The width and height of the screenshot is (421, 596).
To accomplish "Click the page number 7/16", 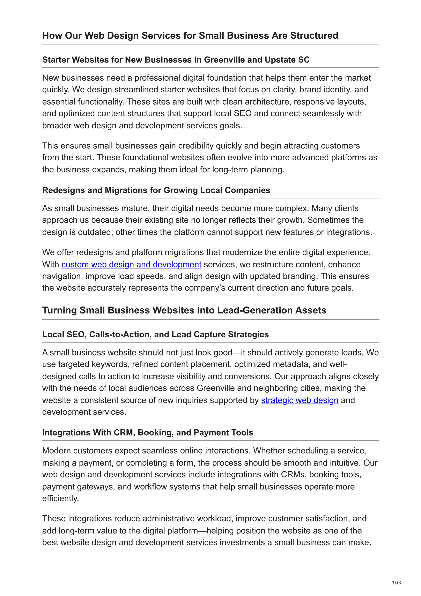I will click(396, 583).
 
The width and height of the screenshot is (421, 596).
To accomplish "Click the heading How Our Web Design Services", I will click(190, 36).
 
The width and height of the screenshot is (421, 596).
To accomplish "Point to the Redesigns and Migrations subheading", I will click(156, 190).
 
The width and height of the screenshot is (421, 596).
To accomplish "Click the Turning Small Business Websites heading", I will click(184, 310).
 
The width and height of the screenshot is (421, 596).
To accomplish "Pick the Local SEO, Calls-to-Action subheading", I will click(155, 334).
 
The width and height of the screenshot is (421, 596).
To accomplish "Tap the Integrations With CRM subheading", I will click(148, 432).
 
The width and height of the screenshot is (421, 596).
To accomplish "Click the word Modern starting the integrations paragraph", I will click(57, 451).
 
